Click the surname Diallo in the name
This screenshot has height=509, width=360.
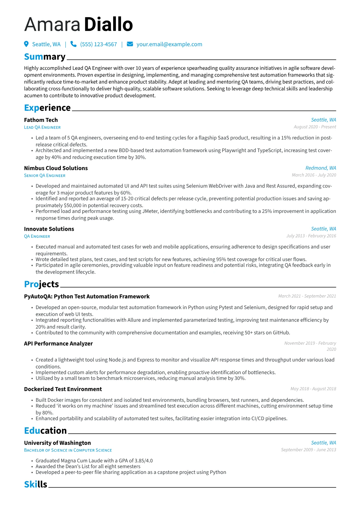pyautogui.click(x=108, y=24)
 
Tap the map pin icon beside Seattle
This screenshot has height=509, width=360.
pyautogui.click(x=26, y=44)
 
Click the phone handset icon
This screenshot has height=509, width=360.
pyautogui.click(x=73, y=44)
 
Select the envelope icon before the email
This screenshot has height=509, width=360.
pyautogui.click(x=130, y=44)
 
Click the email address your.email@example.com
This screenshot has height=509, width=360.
pyautogui.click(x=169, y=44)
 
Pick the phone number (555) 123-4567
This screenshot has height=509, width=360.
pyautogui.click(x=98, y=44)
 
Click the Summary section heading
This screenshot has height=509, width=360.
pyautogui.click(x=45, y=57)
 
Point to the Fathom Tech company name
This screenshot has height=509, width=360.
pyautogui.click(x=41, y=120)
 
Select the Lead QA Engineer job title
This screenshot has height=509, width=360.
pyautogui.click(x=42, y=127)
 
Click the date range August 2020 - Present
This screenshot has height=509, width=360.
pyautogui.click(x=315, y=127)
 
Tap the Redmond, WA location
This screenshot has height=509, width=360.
pyautogui.click(x=321, y=168)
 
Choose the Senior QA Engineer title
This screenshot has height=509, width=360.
pyautogui.click(x=45, y=175)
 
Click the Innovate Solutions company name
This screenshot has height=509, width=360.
pyautogui.click(x=49, y=229)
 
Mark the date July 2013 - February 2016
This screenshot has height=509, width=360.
pyautogui.click(x=311, y=236)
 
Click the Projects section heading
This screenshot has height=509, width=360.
pyautogui.click(x=41, y=284)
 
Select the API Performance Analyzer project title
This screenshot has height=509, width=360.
pyautogui.click(x=58, y=344)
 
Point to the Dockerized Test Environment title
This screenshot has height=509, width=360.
pyautogui.click(x=63, y=389)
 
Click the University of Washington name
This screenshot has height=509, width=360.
pyautogui.click(x=57, y=443)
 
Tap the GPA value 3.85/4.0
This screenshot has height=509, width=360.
pyautogui.click(x=143, y=461)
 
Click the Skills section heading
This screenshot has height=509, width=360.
pyautogui.click(x=36, y=485)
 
